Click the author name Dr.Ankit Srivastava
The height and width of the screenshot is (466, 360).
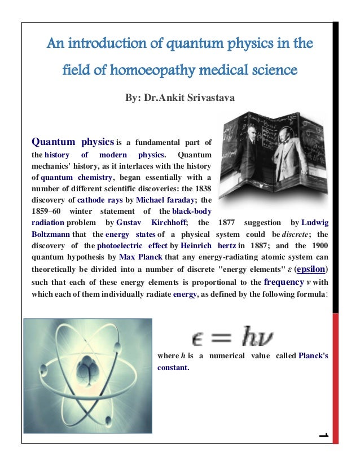[x=179, y=98]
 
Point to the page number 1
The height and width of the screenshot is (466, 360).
[x=323, y=436]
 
